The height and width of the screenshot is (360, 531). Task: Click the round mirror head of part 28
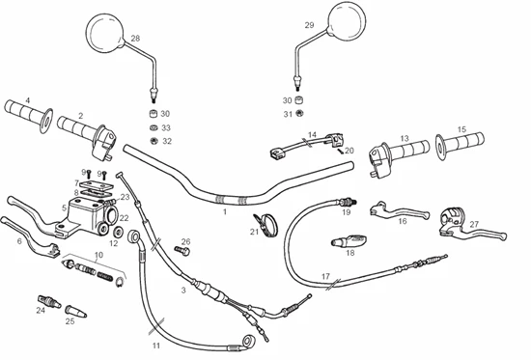(x=104, y=33)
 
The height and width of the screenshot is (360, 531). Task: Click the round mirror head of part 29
(x=348, y=19)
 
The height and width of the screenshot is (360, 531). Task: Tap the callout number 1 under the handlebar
(x=225, y=212)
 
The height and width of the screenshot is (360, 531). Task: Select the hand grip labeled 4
(x=29, y=115)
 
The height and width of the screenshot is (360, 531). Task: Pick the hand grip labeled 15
(x=460, y=145)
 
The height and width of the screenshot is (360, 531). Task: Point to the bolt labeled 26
(x=182, y=251)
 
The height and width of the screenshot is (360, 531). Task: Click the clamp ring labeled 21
(x=265, y=224)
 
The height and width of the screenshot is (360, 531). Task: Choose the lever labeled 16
(x=399, y=210)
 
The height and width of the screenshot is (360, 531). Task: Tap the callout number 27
(x=474, y=224)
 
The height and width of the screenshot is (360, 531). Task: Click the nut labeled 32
(x=154, y=141)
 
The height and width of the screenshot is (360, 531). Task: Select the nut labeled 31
(x=298, y=113)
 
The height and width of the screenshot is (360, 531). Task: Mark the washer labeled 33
(x=154, y=128)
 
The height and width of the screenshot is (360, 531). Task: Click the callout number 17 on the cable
(x=325, y=276)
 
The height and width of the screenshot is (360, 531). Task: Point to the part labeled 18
(x=349, y=241)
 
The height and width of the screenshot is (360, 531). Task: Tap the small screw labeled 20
(x=340, y=151)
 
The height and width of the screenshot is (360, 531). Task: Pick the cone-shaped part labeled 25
(x=75, y=311)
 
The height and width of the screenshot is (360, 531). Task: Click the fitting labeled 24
(x=48, y=301)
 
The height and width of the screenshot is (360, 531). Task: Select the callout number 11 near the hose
(x=155, y=346)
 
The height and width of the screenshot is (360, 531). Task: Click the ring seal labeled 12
(x=119, y=232)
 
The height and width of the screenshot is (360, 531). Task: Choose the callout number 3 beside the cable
(x=183, y=291)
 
